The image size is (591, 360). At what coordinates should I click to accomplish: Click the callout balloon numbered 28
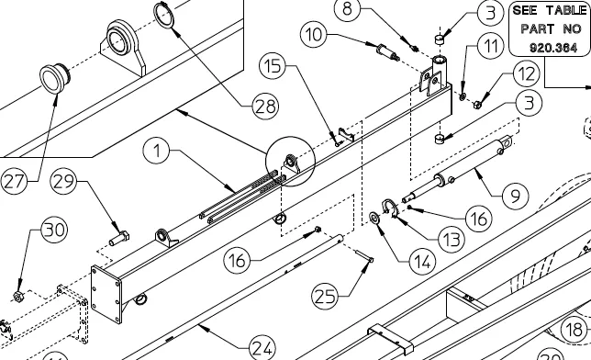click(x=265, y=106)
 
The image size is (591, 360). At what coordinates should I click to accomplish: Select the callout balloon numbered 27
click(x=15, y=182)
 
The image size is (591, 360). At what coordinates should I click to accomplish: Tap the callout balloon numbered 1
click(x=156, y=151)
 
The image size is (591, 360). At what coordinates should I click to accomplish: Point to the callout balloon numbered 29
click(x=63, y=182)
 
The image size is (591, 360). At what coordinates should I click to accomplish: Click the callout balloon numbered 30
click(x=54, y=230)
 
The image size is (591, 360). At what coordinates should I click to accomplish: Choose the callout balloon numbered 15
click(x=273, y=65)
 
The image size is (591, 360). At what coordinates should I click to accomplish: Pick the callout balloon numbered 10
click(x=314, y=34)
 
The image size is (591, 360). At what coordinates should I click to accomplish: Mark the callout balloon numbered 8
click(x=347, y=8)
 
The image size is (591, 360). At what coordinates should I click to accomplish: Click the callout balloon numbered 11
click(x=490, y=46)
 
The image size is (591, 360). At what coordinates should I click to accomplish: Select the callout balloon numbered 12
click(x=527, y=74)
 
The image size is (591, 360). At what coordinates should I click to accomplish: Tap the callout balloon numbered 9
click(x=515, y=196)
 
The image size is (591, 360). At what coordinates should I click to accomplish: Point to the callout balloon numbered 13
click(x=452, y=240)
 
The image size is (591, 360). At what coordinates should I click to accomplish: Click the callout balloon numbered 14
click(x=422, y=262)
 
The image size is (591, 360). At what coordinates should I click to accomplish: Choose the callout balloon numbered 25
click(x=325, y=297)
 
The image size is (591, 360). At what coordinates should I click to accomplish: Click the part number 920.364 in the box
click(x=553, y=48)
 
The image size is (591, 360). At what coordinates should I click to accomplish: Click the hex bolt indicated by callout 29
click(x=119, y=239)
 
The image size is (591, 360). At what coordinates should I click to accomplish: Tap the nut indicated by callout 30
click(x=17, y=297)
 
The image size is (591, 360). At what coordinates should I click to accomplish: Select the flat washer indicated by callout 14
click(x=374, y=218)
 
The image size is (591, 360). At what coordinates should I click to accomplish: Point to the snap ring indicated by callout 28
click(x=163, y=15)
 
